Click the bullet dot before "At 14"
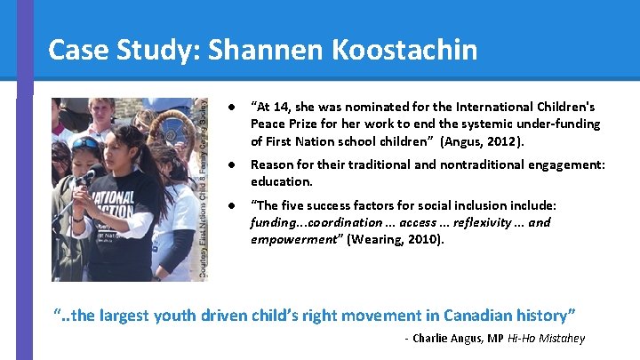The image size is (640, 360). pyautogui.click(x=231, y=108)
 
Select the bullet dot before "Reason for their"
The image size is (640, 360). pyautogui.click(x=231, y=164)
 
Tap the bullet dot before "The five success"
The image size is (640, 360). pyautogui.click(x=231, y=206)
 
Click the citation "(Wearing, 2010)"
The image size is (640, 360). pyautogui.click(x=396, y=238)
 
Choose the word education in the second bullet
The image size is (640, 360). pyautogui.click(x=280, y=180)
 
